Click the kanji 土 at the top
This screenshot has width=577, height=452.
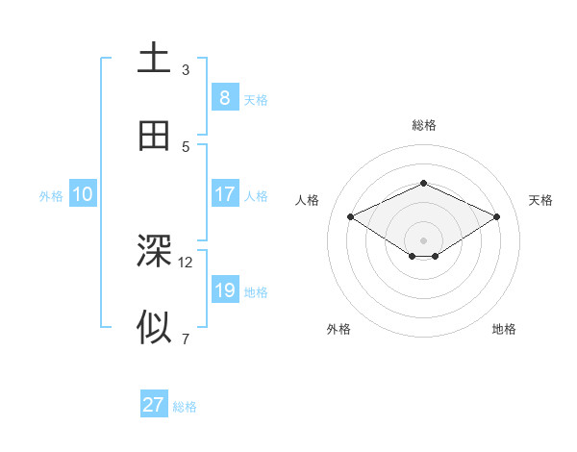[x=154, y=59]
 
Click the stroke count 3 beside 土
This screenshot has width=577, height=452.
[x=186, y=69]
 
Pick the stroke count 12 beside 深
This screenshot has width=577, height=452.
[x=186, y=262]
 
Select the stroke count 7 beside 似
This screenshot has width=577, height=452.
[x=186, y=339]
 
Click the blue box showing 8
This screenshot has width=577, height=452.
[x=224, y=97]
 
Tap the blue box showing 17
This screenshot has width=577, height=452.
[x=224, y=194]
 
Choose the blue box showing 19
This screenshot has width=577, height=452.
[x=224, y=290]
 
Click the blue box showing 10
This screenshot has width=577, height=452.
[x=83, y=194]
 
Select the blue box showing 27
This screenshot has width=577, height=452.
[x=154, y=405]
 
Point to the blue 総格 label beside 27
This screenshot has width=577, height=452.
[x=185, y=407]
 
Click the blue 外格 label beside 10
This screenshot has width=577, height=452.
[x=51, y=196]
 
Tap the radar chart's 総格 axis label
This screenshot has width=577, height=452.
[x=423, y=125]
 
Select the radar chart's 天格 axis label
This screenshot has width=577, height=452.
[x=540, y=200]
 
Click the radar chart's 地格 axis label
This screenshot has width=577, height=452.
[x=504, y=329]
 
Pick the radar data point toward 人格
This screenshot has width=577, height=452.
[x=350, y=216]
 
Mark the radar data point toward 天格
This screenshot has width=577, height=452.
[x=496, y=216]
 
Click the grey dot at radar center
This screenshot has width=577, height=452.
[x=423, y=239]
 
